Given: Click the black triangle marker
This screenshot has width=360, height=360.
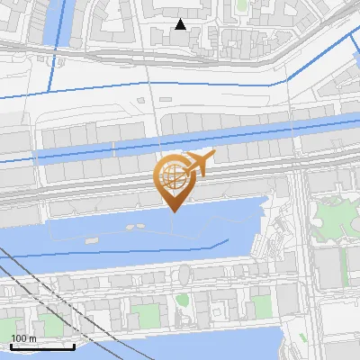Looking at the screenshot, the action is (181, 24).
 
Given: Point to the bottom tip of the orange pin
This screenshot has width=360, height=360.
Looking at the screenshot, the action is (172, 212).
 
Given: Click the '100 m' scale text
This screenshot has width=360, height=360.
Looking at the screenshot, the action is (24, 337).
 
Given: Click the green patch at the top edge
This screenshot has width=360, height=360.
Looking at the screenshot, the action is (240, 4).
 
